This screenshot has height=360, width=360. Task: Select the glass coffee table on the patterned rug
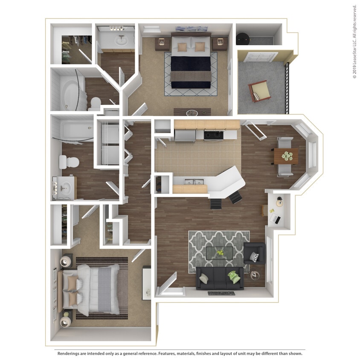220,253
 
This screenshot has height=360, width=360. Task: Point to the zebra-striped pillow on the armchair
254,257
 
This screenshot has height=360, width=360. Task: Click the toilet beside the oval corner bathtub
95,104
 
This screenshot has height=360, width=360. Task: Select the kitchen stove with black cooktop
213,135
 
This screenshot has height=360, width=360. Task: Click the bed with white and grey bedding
93,287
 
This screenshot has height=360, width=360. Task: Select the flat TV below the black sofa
221,293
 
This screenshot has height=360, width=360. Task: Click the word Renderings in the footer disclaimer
71,354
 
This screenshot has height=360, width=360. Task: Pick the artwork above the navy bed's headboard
191,29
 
